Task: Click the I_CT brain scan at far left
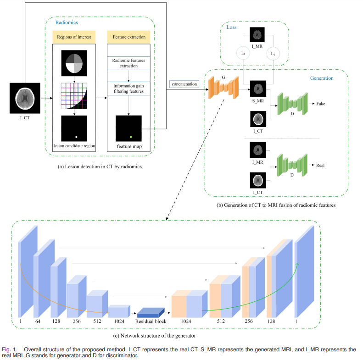pyautogui.click(x=25, y=98)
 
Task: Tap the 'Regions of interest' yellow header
pyautogui.click(x=74, y=37)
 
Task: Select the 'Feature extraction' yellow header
pyautogui.click(x=129, y=37)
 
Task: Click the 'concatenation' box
pyautogui.click(x=184, y=84)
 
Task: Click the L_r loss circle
pyautogui.click(x=243, y=54)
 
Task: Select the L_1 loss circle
pyautogui.click(x=273, y=54)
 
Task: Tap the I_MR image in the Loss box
pyautogui.click(x=258, y=35)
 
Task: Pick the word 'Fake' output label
pyautogui.click(x=321, y=104)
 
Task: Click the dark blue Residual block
pyautogui.click(x=151, y=312)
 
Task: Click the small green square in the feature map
pyautogui.click(x=131, y=137)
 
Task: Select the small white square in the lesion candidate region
pyautogui.click(x=77, y=137)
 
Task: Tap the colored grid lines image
pyautogui.click(x=74, y=96)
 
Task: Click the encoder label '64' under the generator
pyautogui.click(x=38, y=322)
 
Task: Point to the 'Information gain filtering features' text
pyautogui.click(x=129, y=88)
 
